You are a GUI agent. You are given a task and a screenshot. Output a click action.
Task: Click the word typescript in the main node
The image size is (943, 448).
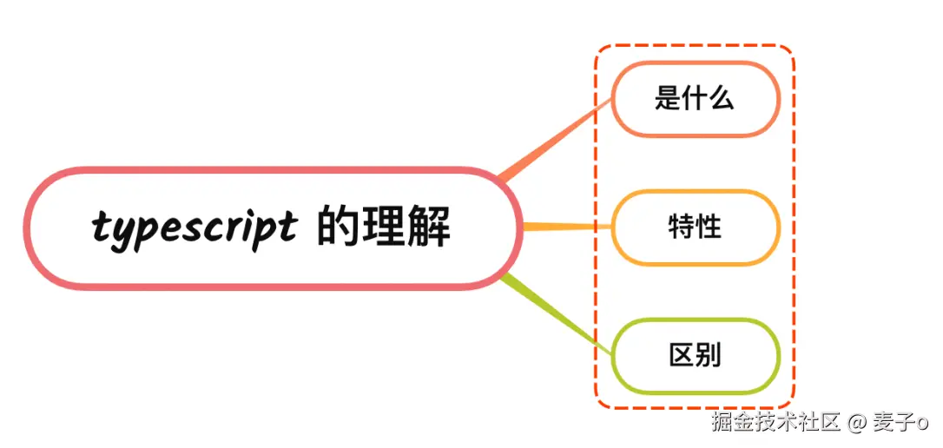click(193, 228)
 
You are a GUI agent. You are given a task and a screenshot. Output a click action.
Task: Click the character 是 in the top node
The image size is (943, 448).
click(668, 97)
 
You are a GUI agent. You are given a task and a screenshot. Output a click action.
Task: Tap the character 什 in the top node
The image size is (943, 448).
click(695, 97)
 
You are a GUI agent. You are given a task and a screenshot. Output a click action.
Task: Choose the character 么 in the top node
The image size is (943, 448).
click(722, 97)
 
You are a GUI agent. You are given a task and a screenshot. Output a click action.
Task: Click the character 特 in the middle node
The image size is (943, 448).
click(682, 227)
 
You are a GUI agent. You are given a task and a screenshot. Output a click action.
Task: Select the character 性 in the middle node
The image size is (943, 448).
click(709, 227)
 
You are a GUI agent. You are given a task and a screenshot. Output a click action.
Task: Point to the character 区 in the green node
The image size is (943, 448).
click(682, 355)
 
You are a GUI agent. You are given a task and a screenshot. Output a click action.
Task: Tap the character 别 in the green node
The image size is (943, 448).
click(709, 355)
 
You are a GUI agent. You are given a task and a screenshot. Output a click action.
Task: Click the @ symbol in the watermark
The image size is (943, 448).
click(857, 423)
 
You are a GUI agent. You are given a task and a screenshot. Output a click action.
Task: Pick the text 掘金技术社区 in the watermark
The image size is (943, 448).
click(775, 423)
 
